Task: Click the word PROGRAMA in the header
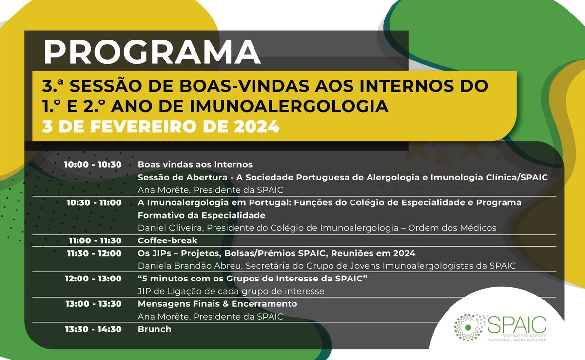tap(152, 51)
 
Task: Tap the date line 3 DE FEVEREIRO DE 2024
tap(161, 126)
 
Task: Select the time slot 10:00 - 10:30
tap(93, 164)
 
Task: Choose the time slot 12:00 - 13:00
tap(93, 279)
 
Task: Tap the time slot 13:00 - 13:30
tap(93, 304)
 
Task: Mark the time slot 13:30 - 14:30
tap(93, 329)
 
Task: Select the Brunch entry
tap(155, 329)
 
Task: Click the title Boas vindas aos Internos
tap(195, 164)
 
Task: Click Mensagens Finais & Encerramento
tap(217, 304)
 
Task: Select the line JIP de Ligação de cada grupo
tap(231, 291)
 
